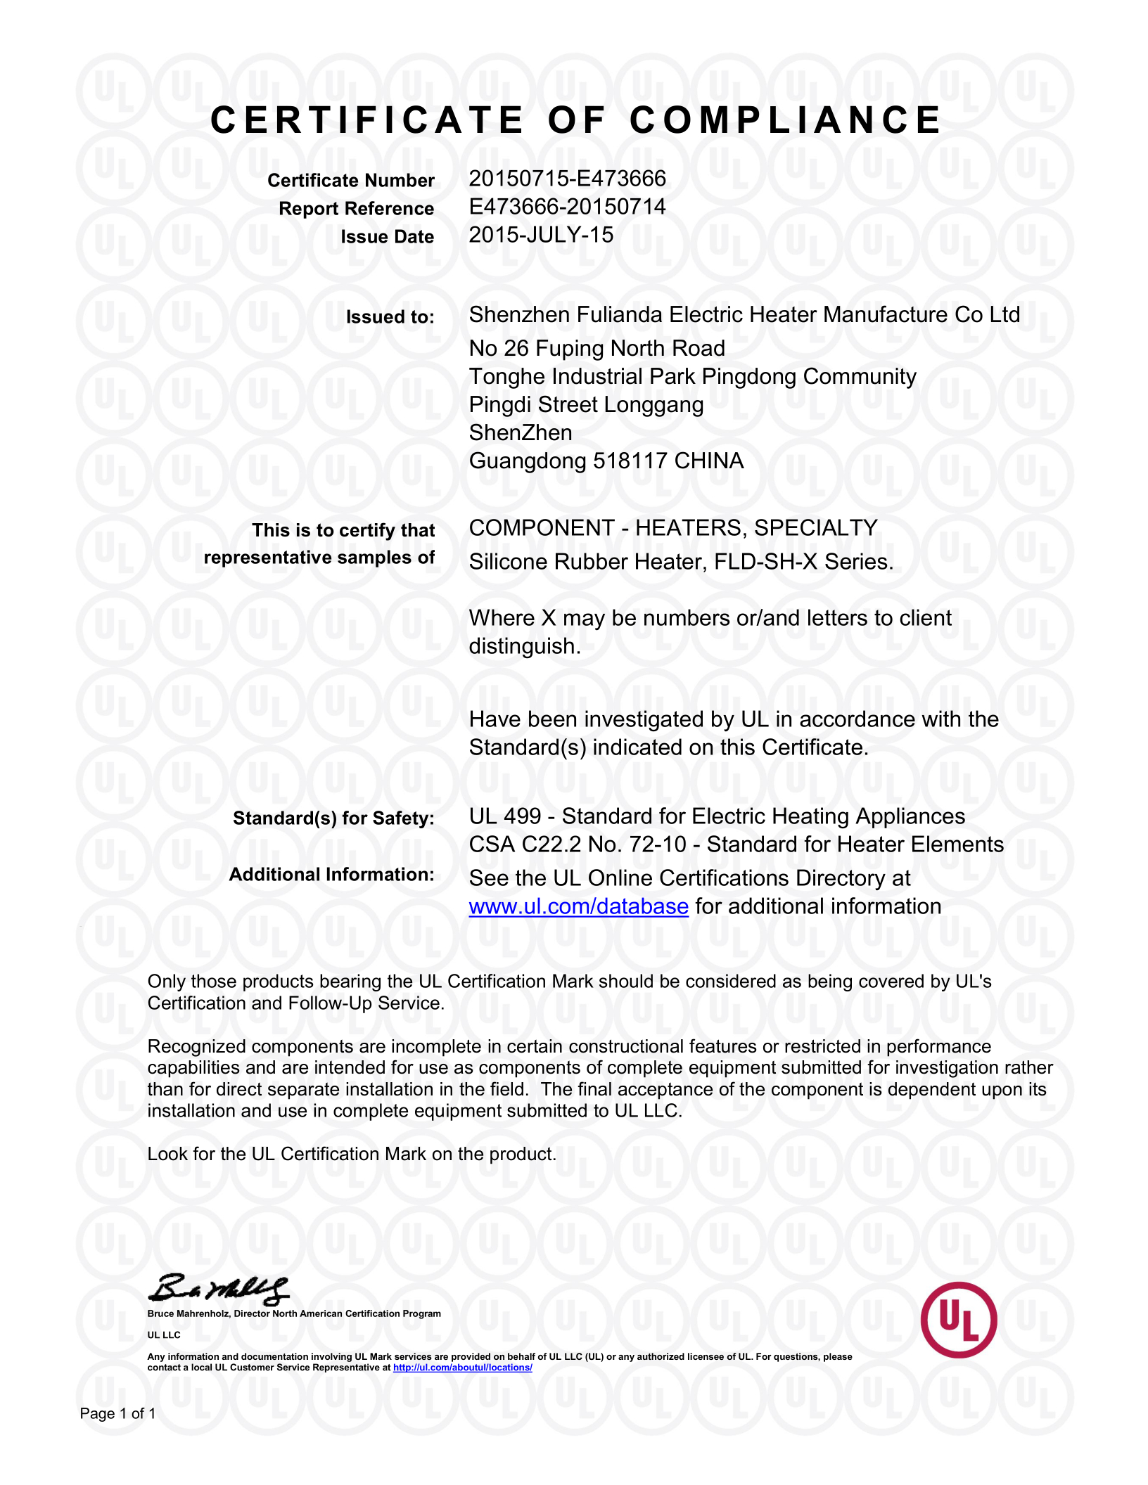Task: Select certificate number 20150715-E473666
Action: click(567, 179)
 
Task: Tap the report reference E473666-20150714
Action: click(567, 207)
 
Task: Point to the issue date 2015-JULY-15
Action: click(541, 235)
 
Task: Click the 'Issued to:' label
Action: click(390, 317)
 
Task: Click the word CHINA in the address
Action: click(708, 461)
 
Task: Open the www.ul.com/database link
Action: click(578, 907)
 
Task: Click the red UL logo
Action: click(958, 1320)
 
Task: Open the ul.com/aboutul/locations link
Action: click(462, 1368)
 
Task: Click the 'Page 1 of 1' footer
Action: click(117, 1413)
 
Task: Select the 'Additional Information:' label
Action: click(331, 875)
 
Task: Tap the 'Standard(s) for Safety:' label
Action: click(333, 818)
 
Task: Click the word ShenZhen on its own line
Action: click(520, 433)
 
